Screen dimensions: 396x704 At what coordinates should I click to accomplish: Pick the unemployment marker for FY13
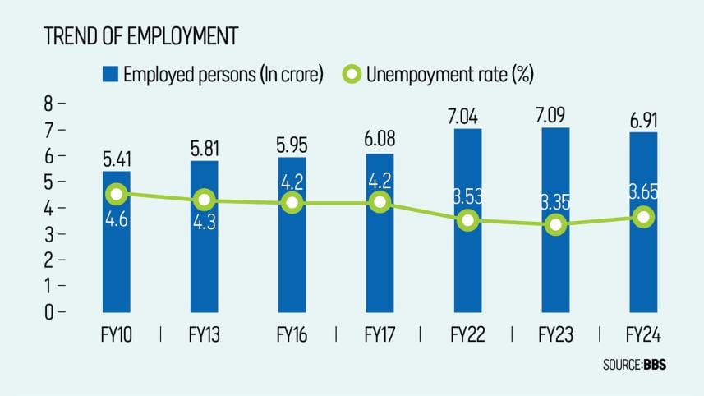point(205,200)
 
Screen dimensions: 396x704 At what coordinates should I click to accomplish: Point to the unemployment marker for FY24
point(644,218)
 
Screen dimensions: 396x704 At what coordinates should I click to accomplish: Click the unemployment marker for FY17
point(380,201)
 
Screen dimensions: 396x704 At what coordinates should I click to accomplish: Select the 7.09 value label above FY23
point(556,114)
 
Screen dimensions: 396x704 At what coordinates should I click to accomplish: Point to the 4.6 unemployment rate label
point(116,219)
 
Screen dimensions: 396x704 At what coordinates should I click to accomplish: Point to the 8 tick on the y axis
point(48,104)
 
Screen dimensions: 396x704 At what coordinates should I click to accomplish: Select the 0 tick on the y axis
point(48,312)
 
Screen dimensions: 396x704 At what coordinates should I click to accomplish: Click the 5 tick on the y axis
point(48,182)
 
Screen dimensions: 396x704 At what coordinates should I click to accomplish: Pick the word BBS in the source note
point(655,365)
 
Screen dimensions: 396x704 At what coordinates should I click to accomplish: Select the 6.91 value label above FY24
point(644,118)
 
